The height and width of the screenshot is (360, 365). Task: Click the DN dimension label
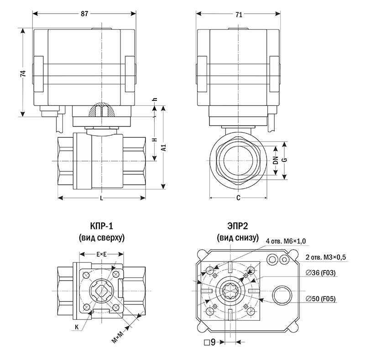[276, 161]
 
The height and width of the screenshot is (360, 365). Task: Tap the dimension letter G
[284, 161]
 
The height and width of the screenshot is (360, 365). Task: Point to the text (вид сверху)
[101, 238]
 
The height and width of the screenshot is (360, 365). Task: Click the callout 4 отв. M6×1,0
[286, 241]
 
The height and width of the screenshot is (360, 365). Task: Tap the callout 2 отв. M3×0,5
[325, 257]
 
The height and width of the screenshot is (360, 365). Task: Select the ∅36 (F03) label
[321, 273]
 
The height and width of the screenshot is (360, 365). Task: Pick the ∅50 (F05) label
[321, 298]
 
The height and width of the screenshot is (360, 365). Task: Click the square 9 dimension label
[210, 342]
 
